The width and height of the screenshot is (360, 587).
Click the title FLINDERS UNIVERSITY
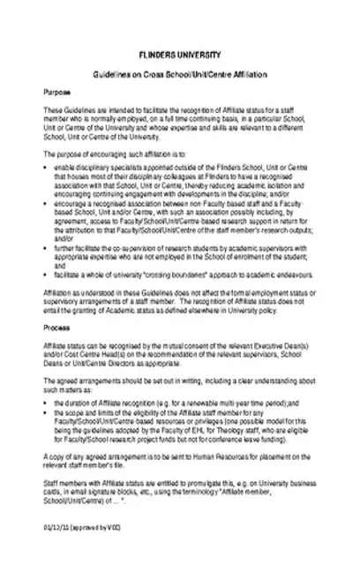click(180, 53)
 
